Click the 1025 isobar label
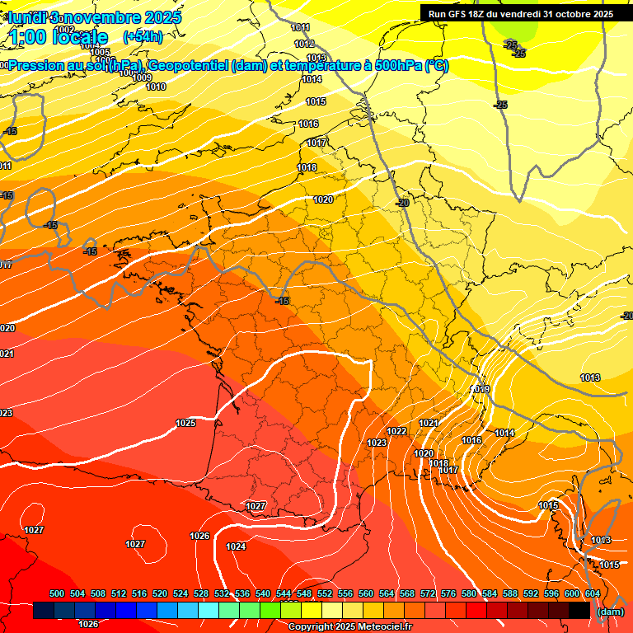[185, 423]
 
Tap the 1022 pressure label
[396, 431]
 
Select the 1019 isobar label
[481, 389]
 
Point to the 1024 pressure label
[236, 546]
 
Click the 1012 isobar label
[304, 44]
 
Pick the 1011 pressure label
[301, 28]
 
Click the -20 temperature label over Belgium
[403, 203]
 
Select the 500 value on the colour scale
[57, 593]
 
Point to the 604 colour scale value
[592, 593]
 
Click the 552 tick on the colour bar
[325, 593]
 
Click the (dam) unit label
[609, 611]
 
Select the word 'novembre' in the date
[104, 16]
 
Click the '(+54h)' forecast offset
[143, 36]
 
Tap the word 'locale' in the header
[79, 37]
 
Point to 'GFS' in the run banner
[456, 13]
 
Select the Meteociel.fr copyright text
[349, 627]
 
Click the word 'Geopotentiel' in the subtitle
[188, 65]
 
